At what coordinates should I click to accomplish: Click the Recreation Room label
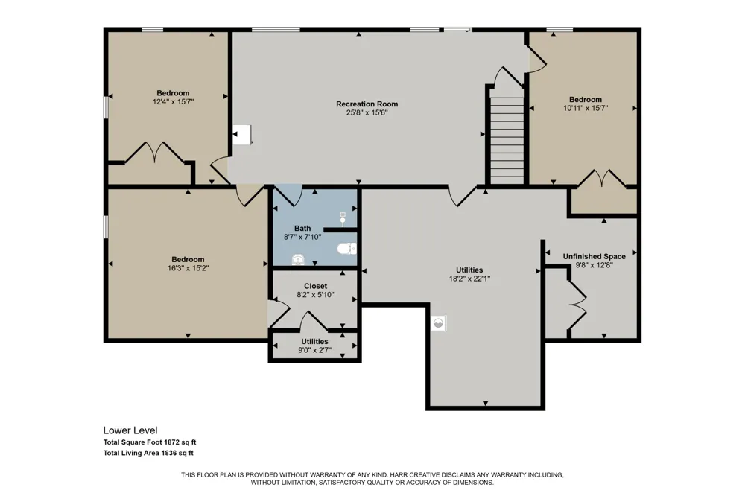click(x=367, y=104)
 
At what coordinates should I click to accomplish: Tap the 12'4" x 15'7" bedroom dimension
click(x=173, y=102)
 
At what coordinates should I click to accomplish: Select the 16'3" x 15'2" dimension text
click(x=188, y=268)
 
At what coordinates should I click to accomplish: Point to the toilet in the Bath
click(x=347, y=249)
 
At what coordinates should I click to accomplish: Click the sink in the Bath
click(x=298, y=259)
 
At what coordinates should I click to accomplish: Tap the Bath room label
click(x=302, y=229)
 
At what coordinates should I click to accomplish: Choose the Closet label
click(x=315, y=286)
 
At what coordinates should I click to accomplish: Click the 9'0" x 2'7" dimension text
click(x=314, y=350)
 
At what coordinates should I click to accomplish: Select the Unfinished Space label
click(x=595, y=256)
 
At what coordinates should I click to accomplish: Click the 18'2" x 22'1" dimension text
click(x=469, y=279)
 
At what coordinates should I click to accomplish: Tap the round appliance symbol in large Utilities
click(x=439, y=323)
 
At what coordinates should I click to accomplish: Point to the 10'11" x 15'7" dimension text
click(x=586, y=108)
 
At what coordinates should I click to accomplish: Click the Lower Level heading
click(x=130, y=431)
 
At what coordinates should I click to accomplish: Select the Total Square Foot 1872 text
click(x=150, y=442)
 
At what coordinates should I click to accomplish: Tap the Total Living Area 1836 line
click(x=148, y=454)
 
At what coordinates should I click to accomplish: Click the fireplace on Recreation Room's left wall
click(x=242, y=135)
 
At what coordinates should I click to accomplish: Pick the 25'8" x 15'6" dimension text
click(x=367, y=113)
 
